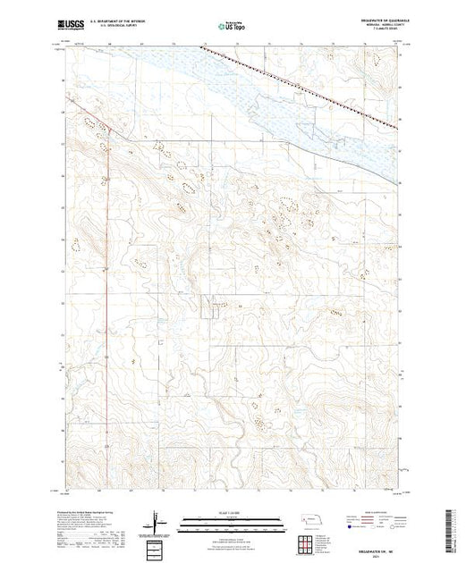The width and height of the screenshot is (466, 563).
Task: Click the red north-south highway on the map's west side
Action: point(108,268)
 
